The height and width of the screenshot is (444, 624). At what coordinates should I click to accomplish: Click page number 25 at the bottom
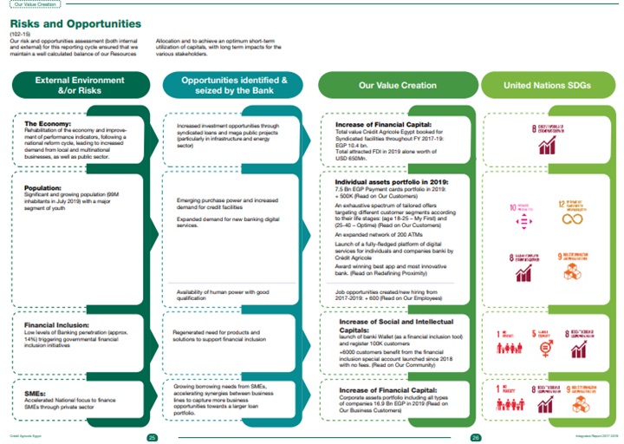[152, 436]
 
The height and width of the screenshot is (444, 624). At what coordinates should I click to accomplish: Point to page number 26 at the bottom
[475, 436]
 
